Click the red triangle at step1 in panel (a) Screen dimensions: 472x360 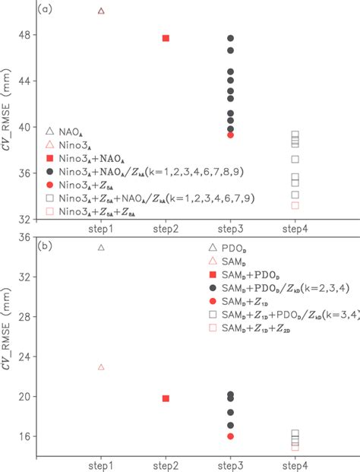point(102,11)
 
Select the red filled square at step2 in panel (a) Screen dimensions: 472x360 point(166,38)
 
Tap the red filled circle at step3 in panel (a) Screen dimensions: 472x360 point(230,135)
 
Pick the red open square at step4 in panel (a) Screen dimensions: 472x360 point(295,205)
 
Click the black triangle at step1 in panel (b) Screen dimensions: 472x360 point(102,247)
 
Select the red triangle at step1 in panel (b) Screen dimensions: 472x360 point(102,367)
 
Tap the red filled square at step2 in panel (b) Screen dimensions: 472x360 point(166,398)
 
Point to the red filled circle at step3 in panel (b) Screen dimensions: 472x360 point(230,436)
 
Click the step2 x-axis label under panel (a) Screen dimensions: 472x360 point(166,228)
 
